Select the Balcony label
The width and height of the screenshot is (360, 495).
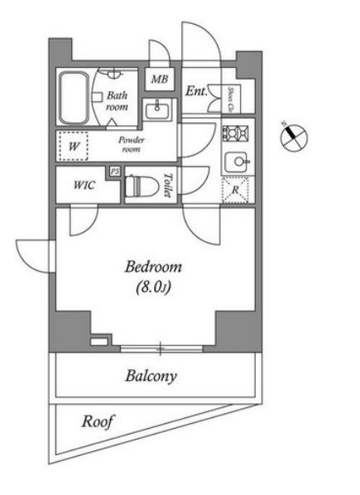[151, 377]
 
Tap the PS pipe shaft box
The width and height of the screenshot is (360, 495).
[115, 171]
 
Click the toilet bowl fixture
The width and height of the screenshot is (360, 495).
[143, 186]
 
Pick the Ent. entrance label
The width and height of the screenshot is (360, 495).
[196, 92]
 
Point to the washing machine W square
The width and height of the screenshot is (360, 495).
[74, 147]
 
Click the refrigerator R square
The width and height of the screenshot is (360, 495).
[236, 188]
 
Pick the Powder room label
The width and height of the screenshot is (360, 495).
[132, 145]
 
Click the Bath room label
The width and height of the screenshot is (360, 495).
[117, 101]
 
